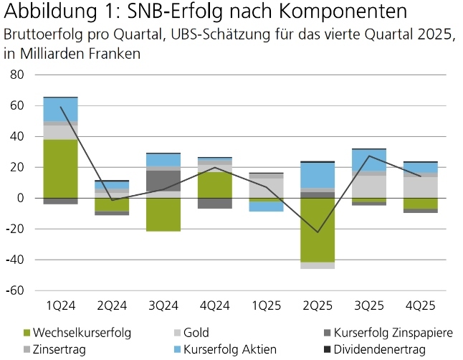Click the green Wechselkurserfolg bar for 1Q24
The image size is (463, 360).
click(x=60, y=169)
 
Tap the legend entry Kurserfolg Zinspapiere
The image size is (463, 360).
click(x=383, y=333)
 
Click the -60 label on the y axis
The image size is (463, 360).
click(x=15, y=290)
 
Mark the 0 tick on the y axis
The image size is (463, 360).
click(x=21, y=198)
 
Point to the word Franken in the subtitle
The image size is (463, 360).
click(x=115, y=54)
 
